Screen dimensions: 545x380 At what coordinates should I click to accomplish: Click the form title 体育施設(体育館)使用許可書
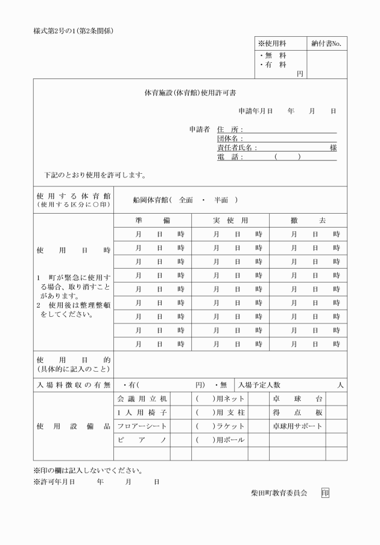[190, 94]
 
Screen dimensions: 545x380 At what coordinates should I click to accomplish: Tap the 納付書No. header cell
[327, 43]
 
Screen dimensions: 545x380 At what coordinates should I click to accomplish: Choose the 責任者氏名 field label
[237, 148]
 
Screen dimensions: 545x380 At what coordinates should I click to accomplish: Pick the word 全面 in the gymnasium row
[186, 200]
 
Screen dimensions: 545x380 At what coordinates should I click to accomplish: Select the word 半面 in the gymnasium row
[221, 200]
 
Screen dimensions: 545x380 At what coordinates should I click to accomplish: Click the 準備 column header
[153, 220]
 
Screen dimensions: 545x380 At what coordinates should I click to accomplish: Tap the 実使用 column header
[230, 220]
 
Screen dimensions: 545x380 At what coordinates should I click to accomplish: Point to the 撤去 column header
[308, 220]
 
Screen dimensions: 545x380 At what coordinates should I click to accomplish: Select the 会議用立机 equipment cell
[142, 399]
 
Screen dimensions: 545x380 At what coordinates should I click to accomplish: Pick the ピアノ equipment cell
[142, 439]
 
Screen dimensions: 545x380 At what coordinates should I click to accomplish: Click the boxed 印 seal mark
[325, 493]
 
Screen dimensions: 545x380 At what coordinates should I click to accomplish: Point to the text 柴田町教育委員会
[279, 493]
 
